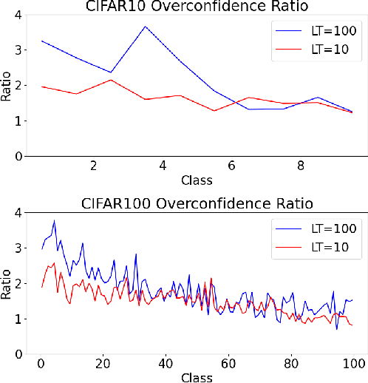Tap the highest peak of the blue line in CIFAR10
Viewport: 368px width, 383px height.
click(145, 27)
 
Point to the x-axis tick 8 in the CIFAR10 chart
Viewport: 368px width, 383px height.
click(301, 167)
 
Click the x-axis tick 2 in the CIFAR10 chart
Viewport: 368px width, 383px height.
click(93, 167)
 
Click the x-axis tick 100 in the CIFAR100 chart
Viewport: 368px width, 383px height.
click(354, 364)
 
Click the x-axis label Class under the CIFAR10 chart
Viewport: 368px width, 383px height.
click(197, 180)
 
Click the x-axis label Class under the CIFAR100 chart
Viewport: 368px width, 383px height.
click(197, 377)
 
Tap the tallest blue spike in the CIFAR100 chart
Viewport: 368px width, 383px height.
click(54, 220)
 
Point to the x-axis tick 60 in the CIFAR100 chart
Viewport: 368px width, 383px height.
click(228, 364)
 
